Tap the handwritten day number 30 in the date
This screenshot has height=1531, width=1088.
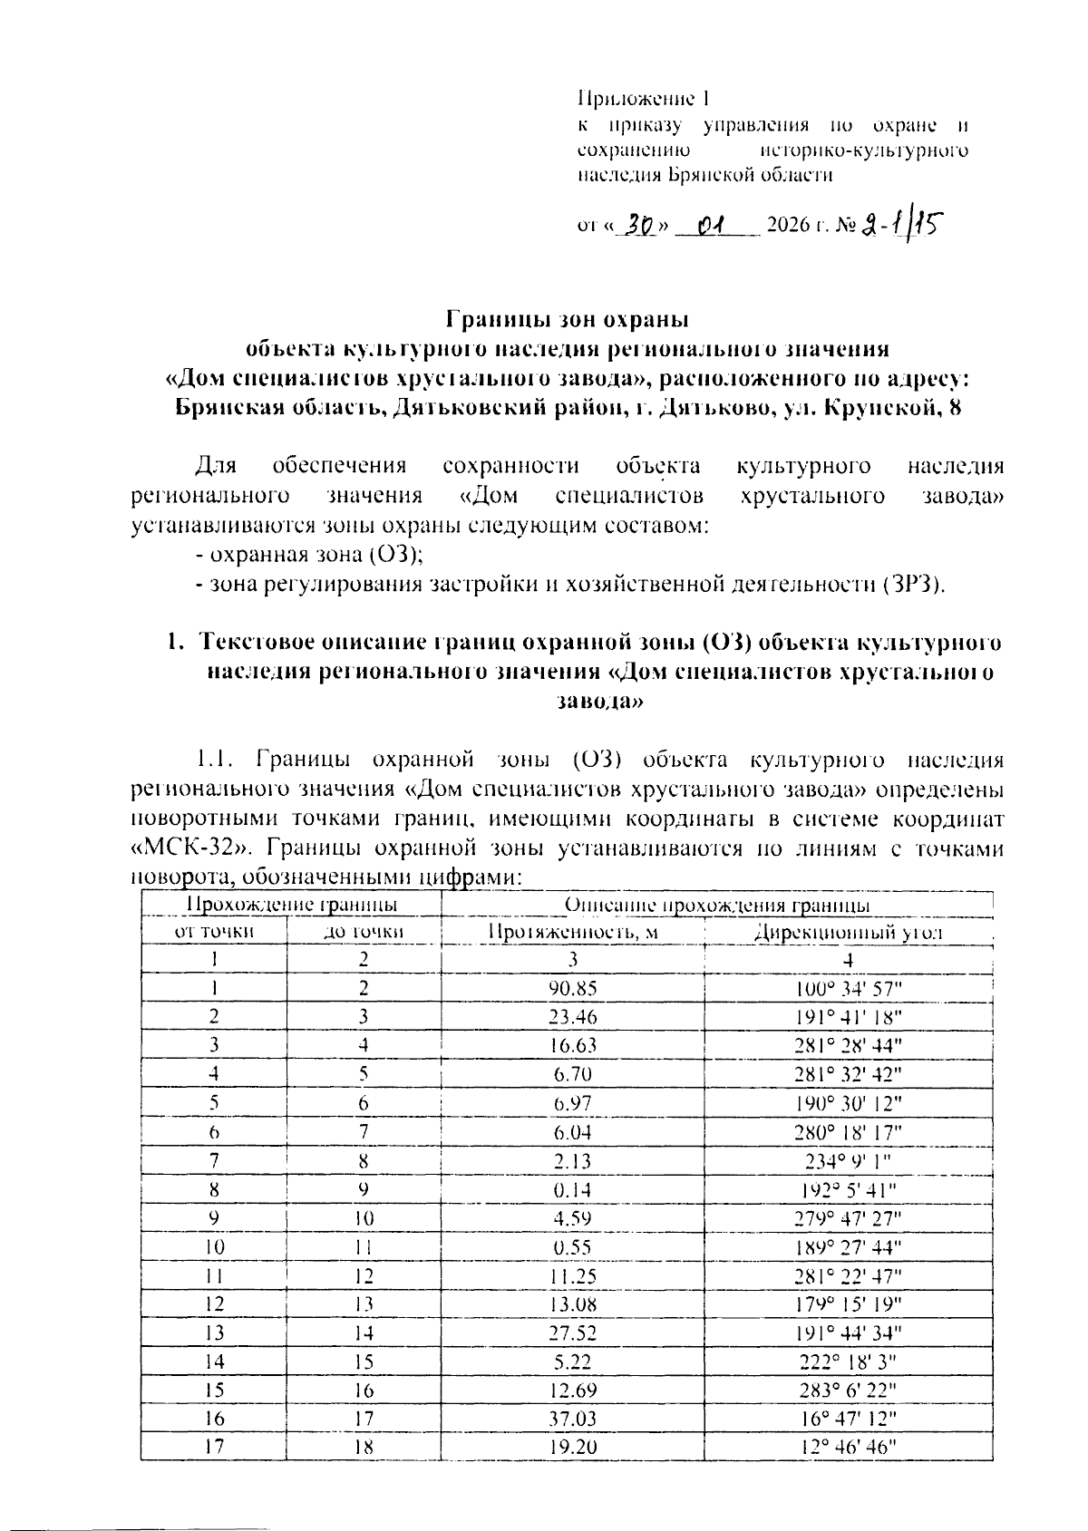[x=642, y=223]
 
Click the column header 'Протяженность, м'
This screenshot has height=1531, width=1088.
[x=573, y=931]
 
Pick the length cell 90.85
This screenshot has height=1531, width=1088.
[x=573, y=988]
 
